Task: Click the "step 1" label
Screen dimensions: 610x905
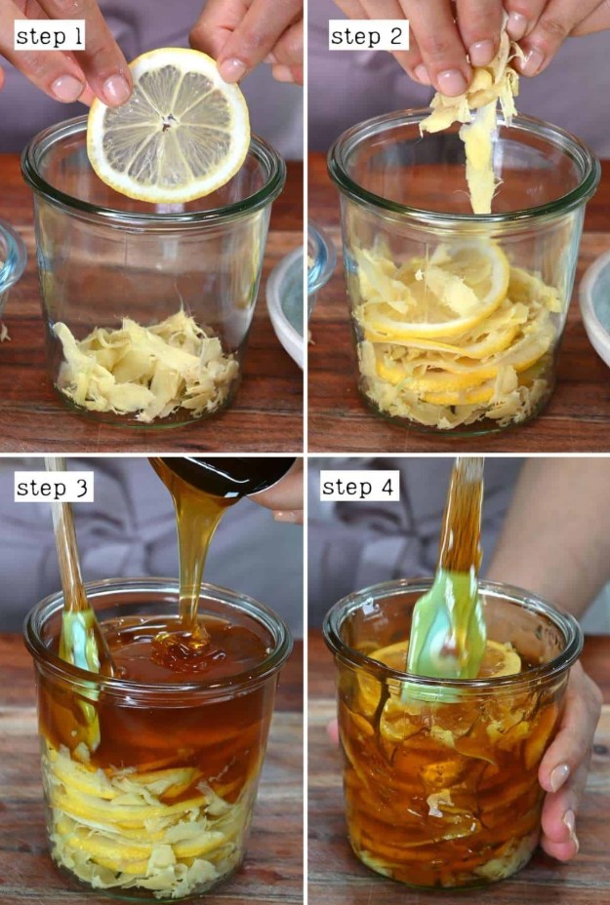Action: (50, 36)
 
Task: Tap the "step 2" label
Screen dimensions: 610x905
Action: (367, 36)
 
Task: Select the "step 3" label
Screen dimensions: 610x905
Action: (54, 488)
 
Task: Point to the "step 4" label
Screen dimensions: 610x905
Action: (359, 487)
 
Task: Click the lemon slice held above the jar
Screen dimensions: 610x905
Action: (168, 125)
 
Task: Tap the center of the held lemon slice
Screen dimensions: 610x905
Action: (169, 122)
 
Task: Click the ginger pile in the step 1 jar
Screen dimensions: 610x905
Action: (145, 366)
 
